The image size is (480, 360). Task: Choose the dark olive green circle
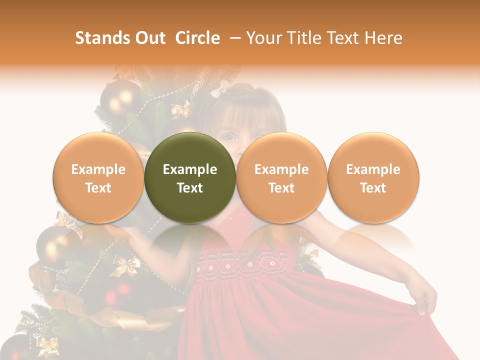190,178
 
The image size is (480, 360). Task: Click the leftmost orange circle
98,178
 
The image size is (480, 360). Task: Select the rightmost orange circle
373,178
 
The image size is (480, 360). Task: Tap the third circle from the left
281,178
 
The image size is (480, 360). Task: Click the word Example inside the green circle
190,169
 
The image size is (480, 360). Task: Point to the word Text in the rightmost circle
373,188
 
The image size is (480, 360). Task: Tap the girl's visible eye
229,136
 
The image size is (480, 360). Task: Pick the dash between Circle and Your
233,38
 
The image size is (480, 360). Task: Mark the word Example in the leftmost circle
98,169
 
